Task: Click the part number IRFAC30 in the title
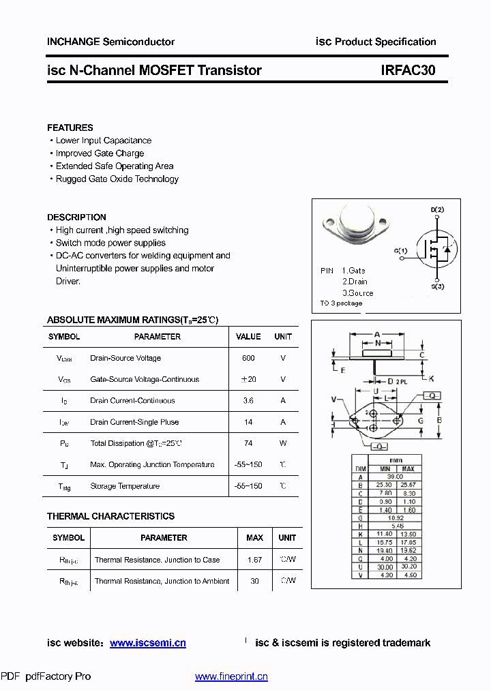(x=408, y=70)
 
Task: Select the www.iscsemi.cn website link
(x=147, y=643)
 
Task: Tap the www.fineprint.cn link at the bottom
(x=231, y=676)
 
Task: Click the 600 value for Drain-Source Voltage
(x=248, y=358)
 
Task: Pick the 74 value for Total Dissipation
(x=248, y=443)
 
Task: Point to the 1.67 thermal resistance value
(x=254, y=560)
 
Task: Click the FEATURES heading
(x=70, y=127)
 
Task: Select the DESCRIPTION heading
(x=76, y=217)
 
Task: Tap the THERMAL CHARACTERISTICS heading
(x=110, y=516)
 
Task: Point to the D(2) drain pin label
(x=437, y=209)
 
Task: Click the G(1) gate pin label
(x=400, y=251)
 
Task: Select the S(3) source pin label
(x=437, y=286)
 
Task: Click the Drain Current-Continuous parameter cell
(x=132, y=401)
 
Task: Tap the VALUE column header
(x=248, y=337)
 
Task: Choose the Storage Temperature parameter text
(x=125, y=486)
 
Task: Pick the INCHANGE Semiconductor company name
(x=110, y=42)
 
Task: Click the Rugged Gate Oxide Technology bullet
(x=117, y=179)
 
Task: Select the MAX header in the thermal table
(x=254, y=538)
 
